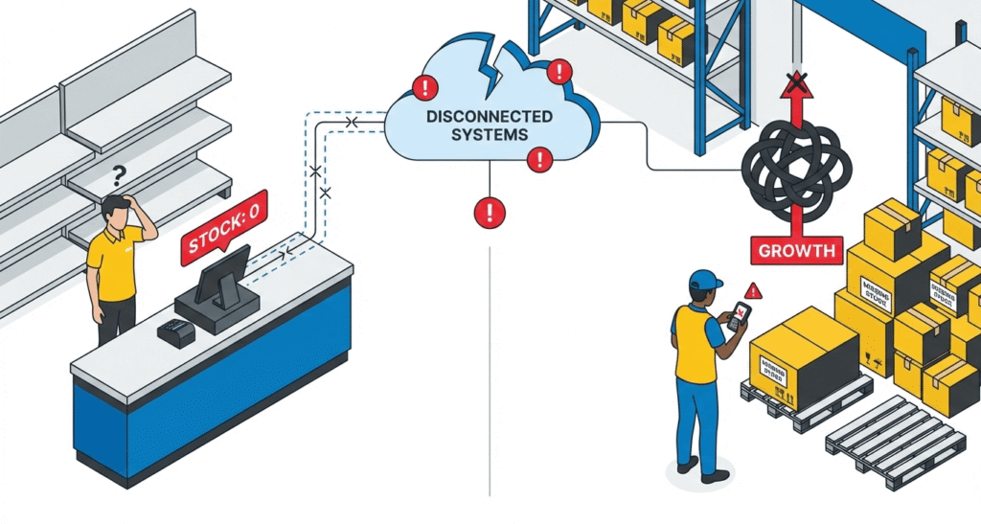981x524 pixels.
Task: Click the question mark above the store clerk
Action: click(x=120, y=175)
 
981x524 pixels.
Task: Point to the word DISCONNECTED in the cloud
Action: click(x=490, y=117)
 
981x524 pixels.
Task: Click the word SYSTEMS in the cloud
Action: click(x=490, y=134)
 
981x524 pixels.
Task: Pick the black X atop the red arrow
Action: click(x=793, y=78)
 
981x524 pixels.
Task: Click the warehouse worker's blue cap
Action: click(x=704, y=280)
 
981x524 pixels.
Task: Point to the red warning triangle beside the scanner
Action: click(x=754, y=290)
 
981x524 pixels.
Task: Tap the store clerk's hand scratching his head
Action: click(x=144, y=212)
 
